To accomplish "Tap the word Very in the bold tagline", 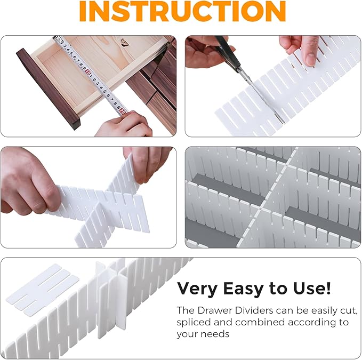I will [x=196, y=289].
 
